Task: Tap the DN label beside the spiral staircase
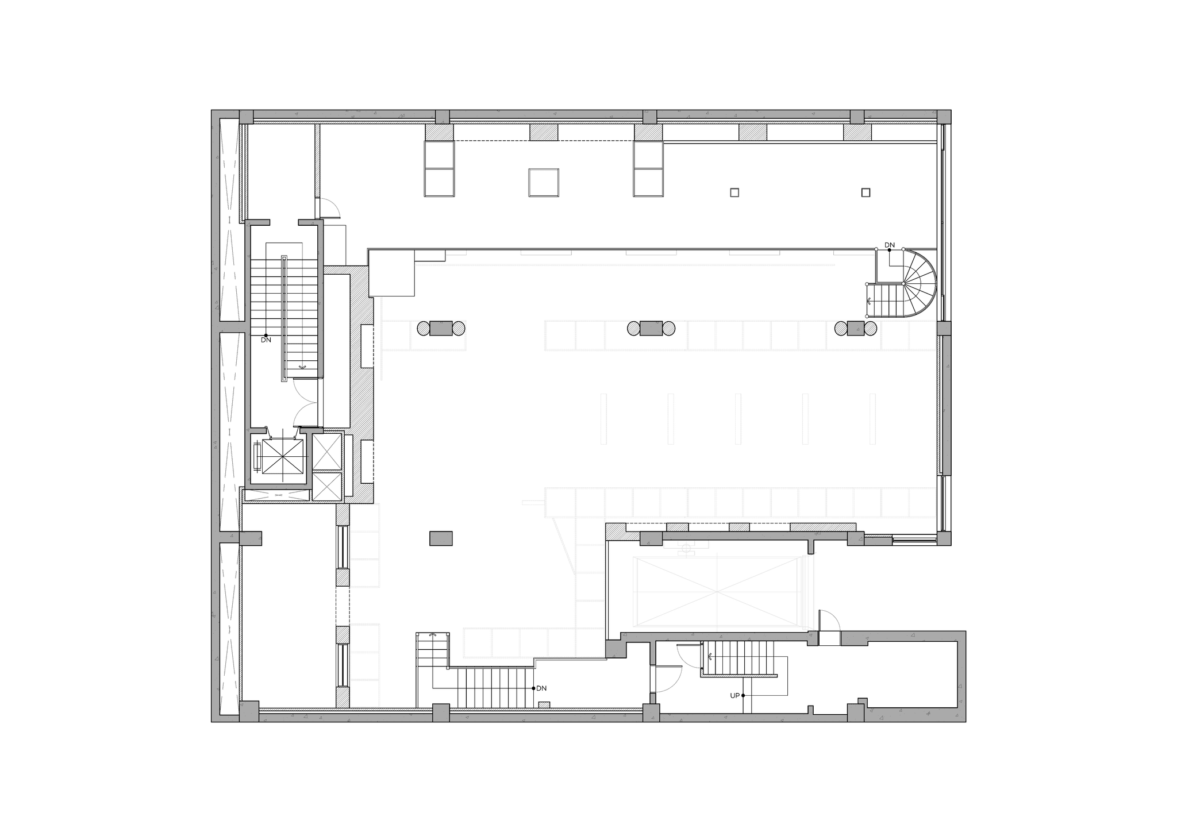(x=890, y=245)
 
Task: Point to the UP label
(x=734, y=695)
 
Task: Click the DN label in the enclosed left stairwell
(x=266, y=340)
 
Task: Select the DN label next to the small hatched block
(x=541, y=688)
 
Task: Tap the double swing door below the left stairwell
(x=305, y=405)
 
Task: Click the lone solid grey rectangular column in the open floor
(x=441, y=538)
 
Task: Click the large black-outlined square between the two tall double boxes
(x=544, y=183)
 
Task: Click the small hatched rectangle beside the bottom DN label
(x=544, y=704)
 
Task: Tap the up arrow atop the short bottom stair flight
(x=433, y=635)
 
